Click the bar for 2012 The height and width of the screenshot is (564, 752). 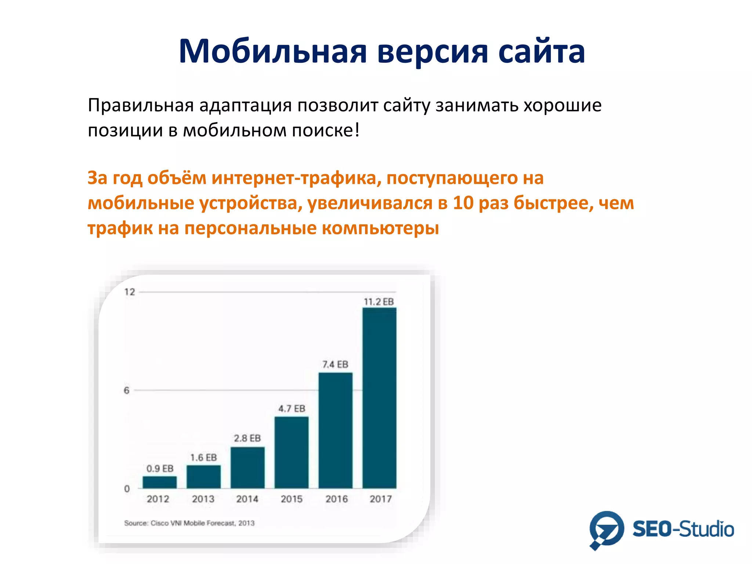(x=159, y=482)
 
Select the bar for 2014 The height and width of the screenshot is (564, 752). (x=247, y=467)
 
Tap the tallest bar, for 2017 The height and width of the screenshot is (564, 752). (x=379, y=398)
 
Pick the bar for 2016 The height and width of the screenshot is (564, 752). (x=335, y=430)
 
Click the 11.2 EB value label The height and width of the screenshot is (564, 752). (x=379, y=302)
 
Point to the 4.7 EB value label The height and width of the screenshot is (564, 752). (x=292, y=409)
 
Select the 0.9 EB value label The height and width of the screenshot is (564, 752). (x=160, y=469)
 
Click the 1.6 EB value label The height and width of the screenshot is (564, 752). (x=203, y=458)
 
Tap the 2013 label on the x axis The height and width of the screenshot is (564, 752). (x=203, y=499)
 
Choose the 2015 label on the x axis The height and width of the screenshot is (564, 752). (x=292, y=499)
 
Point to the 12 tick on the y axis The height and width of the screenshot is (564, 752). (x=130, y=292)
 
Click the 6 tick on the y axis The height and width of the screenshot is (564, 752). (x=127, y=390)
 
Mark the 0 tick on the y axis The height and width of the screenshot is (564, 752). (x=127, y=489)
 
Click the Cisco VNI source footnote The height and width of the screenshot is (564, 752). (x=189, y=523)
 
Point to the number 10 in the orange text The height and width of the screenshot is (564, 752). (x=463, y=203)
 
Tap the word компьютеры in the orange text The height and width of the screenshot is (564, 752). (x=380, y=228)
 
